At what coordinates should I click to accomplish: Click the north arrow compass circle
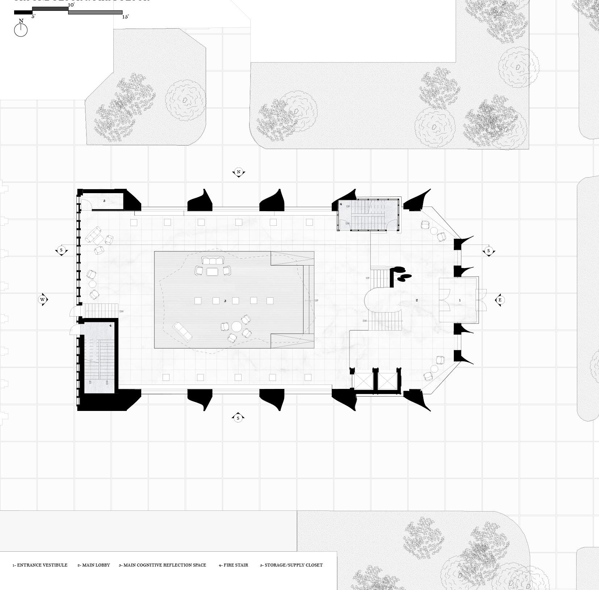click(21, 30)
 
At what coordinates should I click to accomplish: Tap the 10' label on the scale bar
click(71, 5)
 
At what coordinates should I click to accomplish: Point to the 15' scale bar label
click(125, 17)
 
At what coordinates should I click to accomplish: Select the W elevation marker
click(43, 300)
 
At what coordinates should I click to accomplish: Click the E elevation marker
click(500, 300)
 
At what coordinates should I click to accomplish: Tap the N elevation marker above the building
click(238, 172)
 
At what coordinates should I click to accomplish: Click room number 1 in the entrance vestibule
click(460, 300)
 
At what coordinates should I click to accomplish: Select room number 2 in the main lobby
click(417, 300)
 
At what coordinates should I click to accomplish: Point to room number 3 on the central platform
click(225, 301)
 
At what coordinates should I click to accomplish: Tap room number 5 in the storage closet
click(104, 200)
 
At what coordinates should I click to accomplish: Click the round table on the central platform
click(236, 327)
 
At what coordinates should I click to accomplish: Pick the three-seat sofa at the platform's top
click(213, 260)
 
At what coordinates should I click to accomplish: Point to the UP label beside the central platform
click(317, 301)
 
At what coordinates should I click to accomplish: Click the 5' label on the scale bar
click(33, 17)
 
